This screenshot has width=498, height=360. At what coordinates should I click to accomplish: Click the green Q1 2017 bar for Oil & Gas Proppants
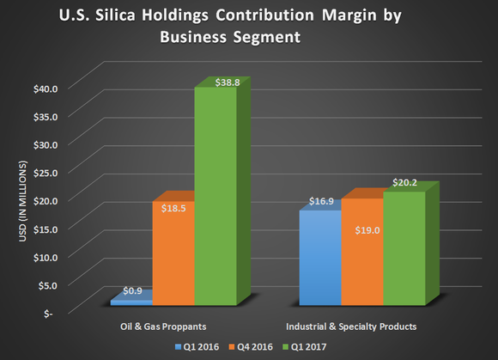215,198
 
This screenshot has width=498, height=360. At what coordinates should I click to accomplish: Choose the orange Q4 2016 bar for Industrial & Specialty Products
361,258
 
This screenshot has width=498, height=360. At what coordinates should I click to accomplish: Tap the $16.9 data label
320,203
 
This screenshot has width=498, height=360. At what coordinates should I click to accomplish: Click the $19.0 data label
361,230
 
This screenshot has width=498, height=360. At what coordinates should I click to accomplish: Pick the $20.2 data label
404,181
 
